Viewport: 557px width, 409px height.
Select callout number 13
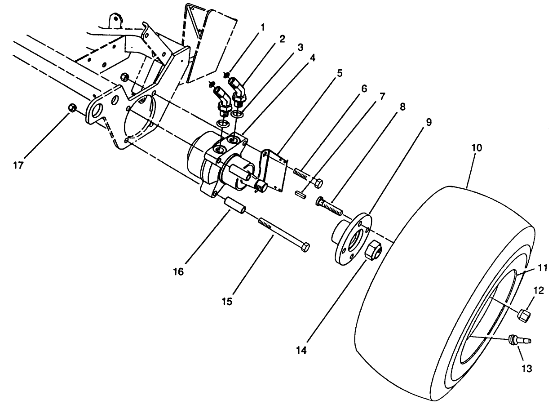526,369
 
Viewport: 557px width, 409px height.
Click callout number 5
340,73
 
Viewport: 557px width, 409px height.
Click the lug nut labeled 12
523,316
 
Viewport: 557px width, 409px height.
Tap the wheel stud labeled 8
330,205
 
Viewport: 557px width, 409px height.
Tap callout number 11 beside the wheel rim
542,268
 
